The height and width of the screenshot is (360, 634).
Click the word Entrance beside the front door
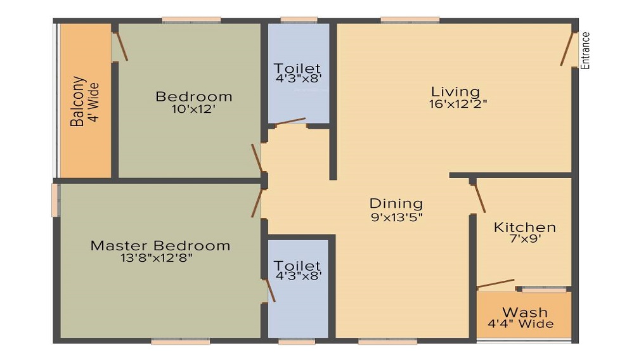[x=586, y=50]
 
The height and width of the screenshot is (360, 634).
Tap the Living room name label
[x=455, y=91]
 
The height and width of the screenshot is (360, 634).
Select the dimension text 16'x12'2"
[x=458, y=103]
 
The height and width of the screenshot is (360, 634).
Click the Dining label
[x=396, y=203]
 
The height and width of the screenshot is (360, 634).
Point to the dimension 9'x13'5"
[x=396, y=216]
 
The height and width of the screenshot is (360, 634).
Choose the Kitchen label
[x=525, y=227]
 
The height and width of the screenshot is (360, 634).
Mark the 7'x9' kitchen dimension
[x=525, y=240]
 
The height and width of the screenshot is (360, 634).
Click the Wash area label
[x=525, y=312]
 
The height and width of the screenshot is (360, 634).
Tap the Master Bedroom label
[x=160, y=245]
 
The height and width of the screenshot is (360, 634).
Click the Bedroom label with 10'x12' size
[x=194, y=97]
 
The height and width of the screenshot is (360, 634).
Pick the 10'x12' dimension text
[x=194, y=109]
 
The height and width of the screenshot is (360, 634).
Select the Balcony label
[x=78, y=101]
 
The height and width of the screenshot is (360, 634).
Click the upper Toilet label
[x=297, y=68]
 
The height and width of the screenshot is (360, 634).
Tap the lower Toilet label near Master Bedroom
[x=297, y=266]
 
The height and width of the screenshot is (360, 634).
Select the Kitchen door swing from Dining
[x=480, y=198]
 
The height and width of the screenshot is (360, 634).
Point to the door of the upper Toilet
[x=290, y=121]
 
